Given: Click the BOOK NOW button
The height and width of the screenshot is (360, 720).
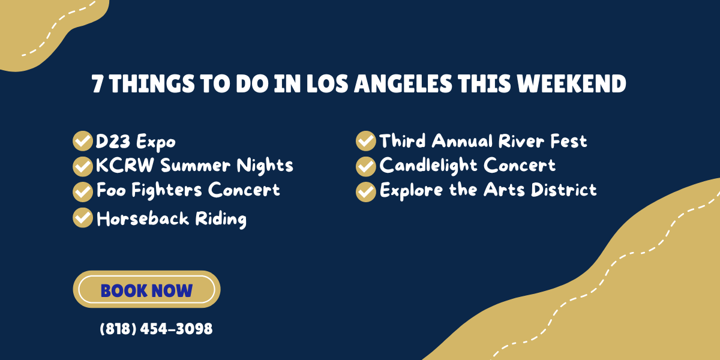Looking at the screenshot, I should click(146, 290).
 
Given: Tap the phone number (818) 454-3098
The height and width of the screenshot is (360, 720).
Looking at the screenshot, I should click(156, 329).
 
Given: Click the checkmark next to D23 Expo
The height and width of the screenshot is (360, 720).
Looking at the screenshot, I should click(82, 142).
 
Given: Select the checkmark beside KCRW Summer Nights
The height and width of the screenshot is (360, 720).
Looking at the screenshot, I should click(82, 166).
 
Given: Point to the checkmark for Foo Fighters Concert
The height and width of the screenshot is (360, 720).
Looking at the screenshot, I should click(82, 191).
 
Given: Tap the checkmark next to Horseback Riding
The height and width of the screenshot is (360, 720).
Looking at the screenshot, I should click(82, 218).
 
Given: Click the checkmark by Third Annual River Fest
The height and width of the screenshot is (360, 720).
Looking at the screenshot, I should click(365, 142).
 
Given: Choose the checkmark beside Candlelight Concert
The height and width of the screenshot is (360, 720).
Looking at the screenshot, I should click(365, 166).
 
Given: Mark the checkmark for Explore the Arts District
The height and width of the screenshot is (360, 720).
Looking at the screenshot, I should click(365, 191).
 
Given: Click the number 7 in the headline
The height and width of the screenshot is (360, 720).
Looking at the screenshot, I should click(97, 85).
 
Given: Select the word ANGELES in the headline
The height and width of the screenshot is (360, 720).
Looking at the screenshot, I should click(403, 85).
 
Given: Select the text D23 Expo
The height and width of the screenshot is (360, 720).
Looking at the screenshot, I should click(136, 142).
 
